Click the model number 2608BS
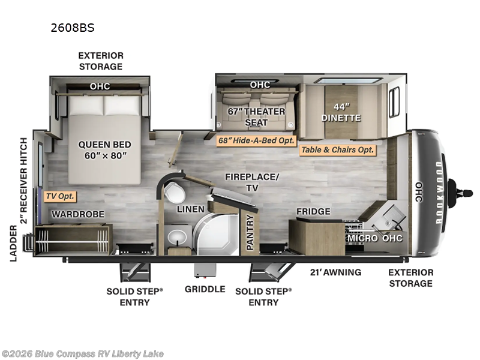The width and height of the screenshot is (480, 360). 73,28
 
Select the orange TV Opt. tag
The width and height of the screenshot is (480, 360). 61,196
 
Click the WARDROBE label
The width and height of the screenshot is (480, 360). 78,214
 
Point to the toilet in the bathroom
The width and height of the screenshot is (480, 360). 175,193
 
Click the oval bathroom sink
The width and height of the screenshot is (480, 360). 177,237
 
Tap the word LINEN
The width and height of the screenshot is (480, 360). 191,209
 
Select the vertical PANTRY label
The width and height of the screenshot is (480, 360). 250,232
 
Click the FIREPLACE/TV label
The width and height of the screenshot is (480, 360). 252,182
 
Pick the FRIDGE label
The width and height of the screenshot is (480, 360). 313,212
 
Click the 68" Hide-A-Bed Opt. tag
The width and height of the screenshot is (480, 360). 256,140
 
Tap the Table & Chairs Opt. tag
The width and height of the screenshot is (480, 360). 337,149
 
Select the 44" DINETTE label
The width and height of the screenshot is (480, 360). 341,112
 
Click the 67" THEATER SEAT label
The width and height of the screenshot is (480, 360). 256,116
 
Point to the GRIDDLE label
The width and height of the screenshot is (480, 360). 205,289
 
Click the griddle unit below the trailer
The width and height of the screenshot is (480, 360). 205,271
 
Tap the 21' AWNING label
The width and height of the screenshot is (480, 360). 335,272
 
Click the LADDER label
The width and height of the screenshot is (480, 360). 13,244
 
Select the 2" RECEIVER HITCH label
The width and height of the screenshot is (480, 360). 24,181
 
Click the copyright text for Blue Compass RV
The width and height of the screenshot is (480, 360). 82,354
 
